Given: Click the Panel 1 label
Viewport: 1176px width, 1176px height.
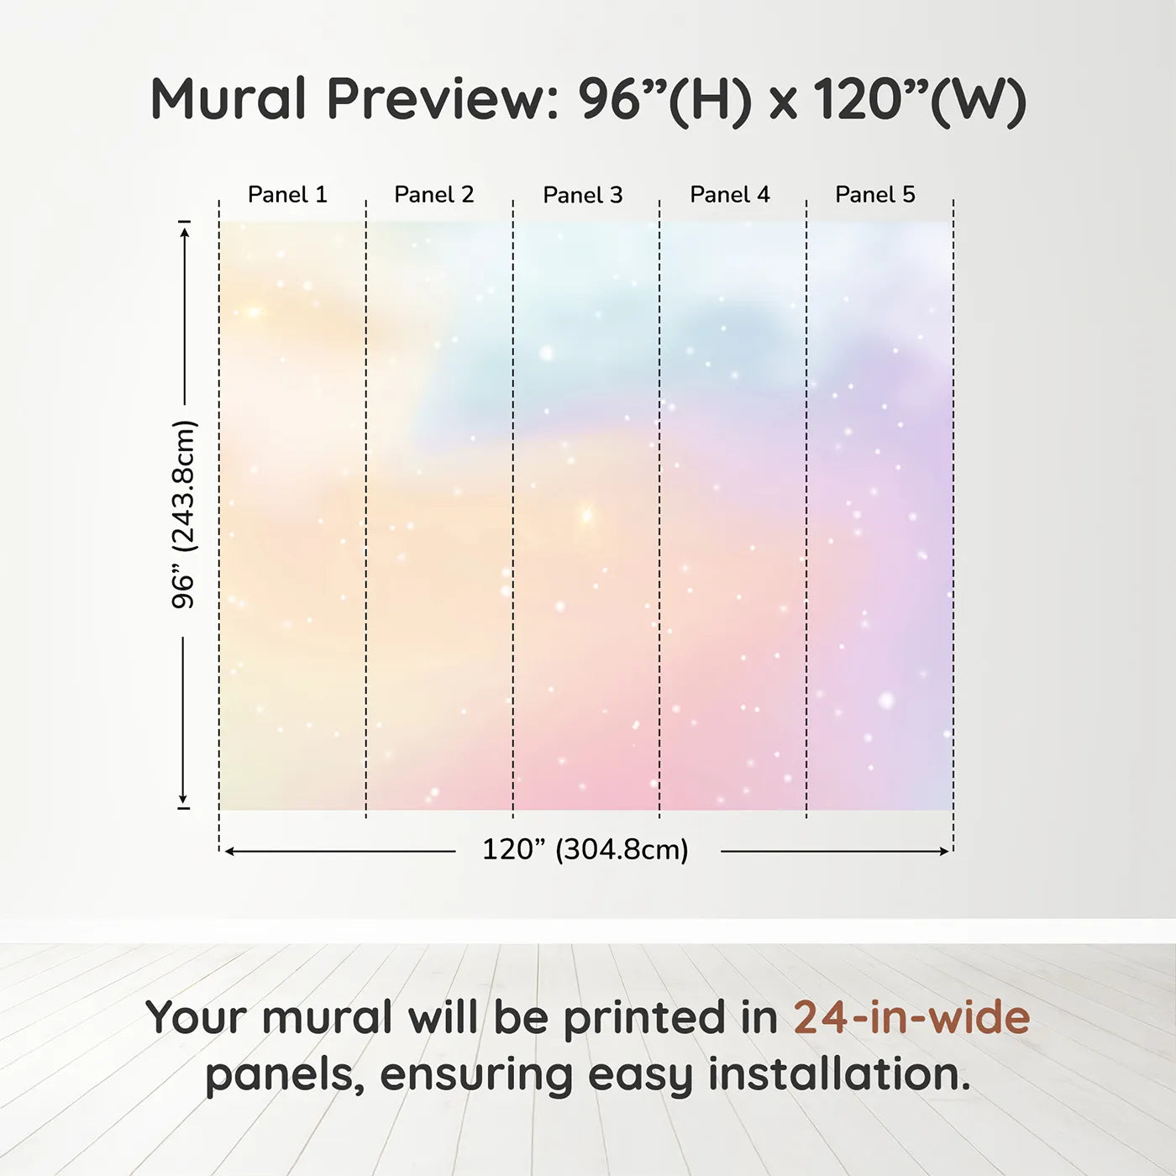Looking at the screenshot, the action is pyautogui.click(x=287, y=195).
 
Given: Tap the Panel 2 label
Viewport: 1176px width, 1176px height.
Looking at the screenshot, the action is pyautogui.click(x=434, y=195).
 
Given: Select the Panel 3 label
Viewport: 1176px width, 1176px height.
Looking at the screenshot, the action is pyautogui.click(x=583, y=195).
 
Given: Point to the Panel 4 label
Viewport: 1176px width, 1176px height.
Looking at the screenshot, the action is pyautogui.click(x=730, y=195).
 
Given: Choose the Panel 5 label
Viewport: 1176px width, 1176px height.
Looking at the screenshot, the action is pyautogui.click(x=875, y=195).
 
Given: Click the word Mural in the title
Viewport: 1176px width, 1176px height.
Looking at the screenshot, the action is pyautogui.click(x=228, y=99).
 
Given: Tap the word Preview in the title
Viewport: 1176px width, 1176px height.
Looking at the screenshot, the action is pyautogui.click(x=443, y=99).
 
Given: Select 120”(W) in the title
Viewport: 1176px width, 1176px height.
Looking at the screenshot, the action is pyautogui.click(x=920, y=100).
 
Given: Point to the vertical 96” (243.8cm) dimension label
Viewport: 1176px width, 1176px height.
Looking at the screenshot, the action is pyautogui.click(x=183, y=514).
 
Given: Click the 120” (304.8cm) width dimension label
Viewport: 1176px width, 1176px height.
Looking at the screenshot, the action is pyautogui.click(x=585, y=849).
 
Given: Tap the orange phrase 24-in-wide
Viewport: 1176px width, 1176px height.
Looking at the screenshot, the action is pyautogui.click(x=911, y=1017).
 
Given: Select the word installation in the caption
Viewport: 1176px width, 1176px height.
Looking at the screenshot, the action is pyautogui.click(x=838, y=1074).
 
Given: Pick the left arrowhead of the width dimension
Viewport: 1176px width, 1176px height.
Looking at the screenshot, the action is pyautogui.click(x=229, y=851).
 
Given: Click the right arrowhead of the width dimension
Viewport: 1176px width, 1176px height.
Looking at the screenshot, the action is pyautogui.click(x=944, y=851).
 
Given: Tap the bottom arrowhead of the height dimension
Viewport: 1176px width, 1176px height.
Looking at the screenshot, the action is pyautogui.click(x=182, y=799).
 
